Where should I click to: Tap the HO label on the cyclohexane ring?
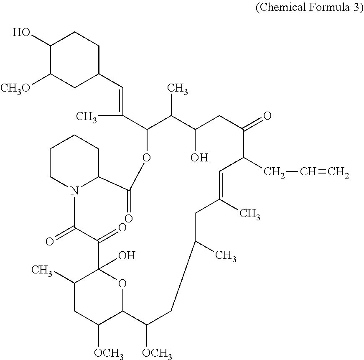21,33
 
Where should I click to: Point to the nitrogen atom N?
74,191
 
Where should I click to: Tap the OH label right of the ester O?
199,158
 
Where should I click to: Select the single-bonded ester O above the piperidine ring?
146,158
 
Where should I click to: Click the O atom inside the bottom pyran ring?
122,285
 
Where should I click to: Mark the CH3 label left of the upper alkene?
87,116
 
